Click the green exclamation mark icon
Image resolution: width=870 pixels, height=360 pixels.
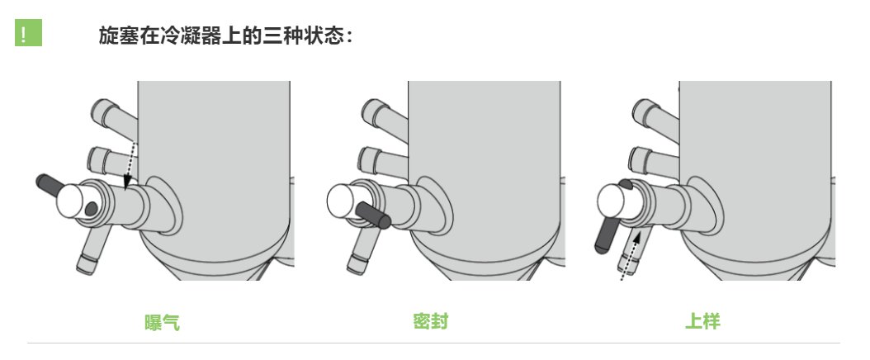tap(28, 33)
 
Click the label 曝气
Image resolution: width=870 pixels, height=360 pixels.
tap(163, 323)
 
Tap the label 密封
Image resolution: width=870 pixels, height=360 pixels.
tap(431, 322)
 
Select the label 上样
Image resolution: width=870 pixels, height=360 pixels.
tap(702, 322)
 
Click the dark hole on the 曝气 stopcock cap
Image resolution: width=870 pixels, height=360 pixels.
tap(91, 209)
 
